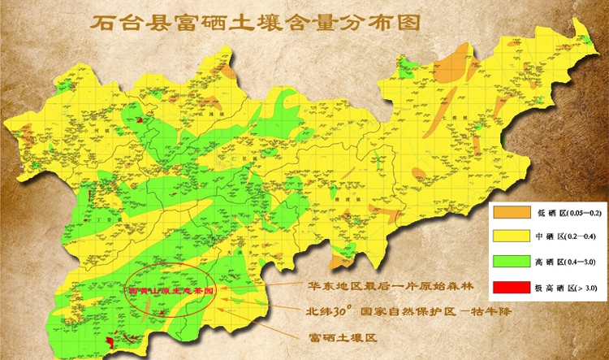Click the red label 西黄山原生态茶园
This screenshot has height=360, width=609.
[176, 289]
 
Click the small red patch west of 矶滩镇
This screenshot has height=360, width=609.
[145, 119]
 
